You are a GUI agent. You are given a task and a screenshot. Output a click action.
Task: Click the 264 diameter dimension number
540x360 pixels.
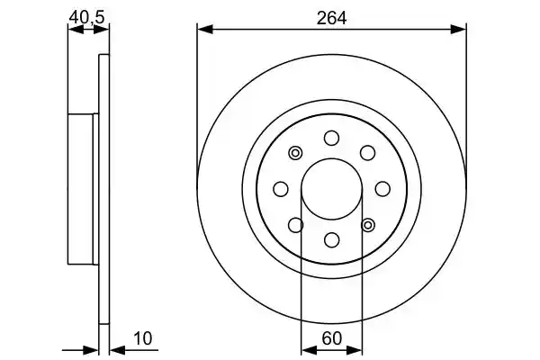click(x=331, y=18)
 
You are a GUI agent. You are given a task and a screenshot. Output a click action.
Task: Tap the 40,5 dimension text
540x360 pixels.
click(x=86, y=17)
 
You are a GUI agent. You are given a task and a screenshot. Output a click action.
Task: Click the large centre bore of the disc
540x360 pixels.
click(x=331, y=189)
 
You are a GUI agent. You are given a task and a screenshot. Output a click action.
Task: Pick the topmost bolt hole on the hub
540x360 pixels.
click(x=331, y=138)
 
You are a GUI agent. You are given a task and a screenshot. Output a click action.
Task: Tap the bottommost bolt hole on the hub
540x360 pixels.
click(x=332, y=239)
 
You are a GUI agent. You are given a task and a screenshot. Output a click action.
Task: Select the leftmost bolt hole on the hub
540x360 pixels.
click(x=281, y=189)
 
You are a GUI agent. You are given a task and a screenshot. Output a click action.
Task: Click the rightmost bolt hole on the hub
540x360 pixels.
click(x=382, y=189)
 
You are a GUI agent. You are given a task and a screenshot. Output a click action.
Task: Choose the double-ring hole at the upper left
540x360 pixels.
click(x=295, y=153)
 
